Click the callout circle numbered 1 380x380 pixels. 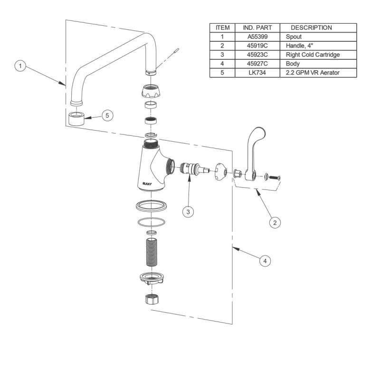19,66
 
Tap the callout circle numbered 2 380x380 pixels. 274,221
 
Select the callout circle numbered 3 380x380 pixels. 189,212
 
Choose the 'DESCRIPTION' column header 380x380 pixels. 311,28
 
